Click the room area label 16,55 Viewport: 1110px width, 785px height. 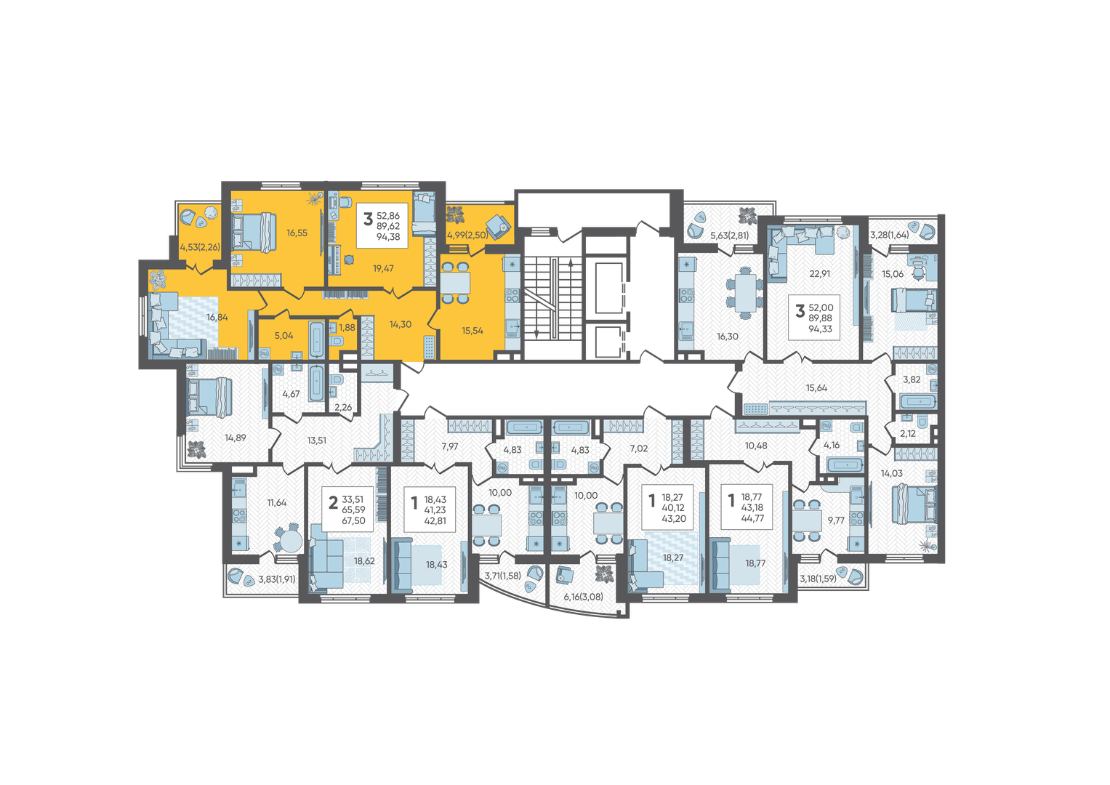297,233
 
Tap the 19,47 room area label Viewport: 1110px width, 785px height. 383,269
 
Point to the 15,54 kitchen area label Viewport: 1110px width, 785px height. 472,331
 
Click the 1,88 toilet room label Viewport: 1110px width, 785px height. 347,327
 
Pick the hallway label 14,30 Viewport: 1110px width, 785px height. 401,325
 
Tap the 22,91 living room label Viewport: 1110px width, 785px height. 820,273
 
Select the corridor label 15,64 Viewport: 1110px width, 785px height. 816,388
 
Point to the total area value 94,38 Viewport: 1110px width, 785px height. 388,237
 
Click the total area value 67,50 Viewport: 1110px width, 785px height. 353,520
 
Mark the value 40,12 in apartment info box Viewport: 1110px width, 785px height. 673,508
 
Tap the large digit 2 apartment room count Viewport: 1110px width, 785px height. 334,503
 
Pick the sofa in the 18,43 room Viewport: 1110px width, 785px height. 402,565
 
